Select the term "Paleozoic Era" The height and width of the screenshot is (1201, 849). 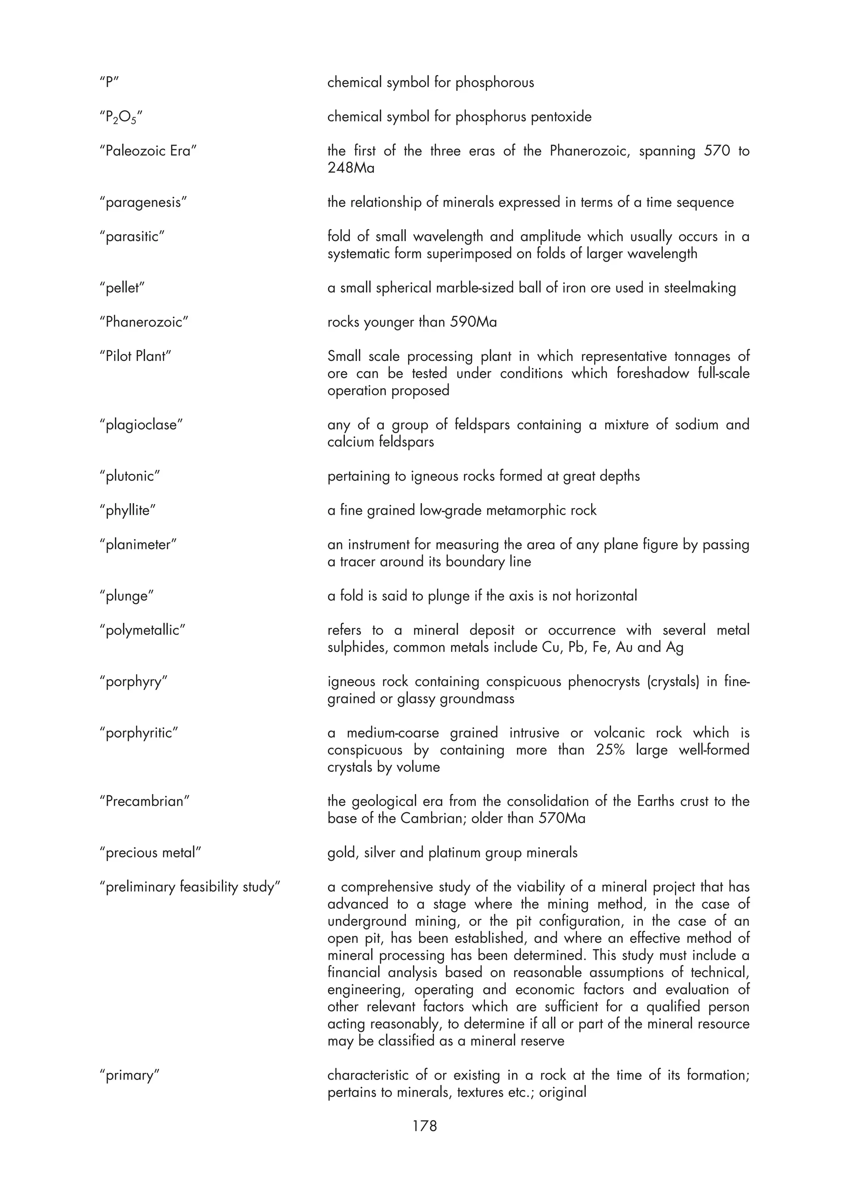point(148,151)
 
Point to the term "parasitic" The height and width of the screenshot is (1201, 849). point(132,237)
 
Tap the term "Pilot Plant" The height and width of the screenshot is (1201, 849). point(136,357)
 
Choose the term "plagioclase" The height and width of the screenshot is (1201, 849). point(141,425)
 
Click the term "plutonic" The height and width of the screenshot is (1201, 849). point(130,477)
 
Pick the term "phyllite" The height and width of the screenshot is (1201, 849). point(128,511)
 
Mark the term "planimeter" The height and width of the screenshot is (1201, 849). point(138,545)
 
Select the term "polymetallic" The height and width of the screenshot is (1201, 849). point(142,630)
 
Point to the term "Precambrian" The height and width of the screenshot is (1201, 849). point(144,801)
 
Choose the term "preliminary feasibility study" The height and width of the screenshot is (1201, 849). point(190,887)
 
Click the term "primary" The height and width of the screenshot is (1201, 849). point(129,1075)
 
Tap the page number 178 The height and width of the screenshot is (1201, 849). point(424,1126)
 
